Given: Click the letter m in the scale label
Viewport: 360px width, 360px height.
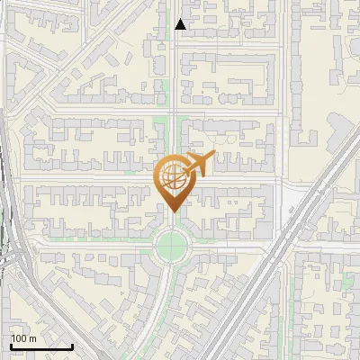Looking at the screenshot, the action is [x=32, y=338].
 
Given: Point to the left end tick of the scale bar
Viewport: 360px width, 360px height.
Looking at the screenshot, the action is [x=10, y=346].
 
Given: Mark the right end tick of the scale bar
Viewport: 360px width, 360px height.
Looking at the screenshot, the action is [x=72, y=346].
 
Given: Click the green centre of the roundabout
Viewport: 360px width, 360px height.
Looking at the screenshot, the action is [x=171, y=243].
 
